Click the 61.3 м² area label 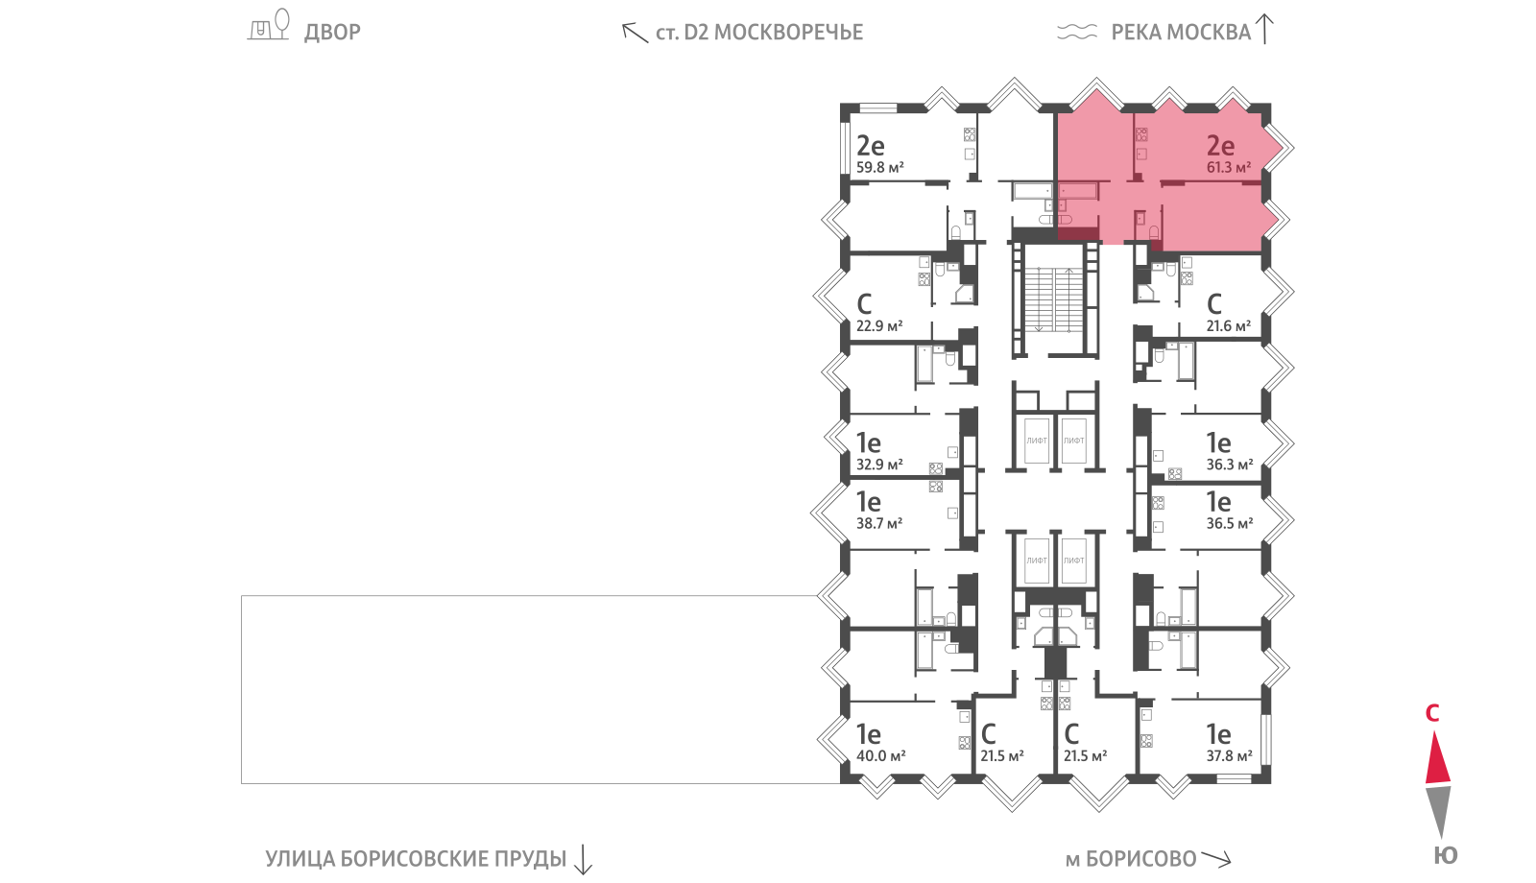pyautogui.click(x=1229, y=167)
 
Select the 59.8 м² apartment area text pyautogui.click(x=879, y=167)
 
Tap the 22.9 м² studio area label pyautogui.click(x=879, y=326)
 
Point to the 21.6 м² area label pyautogui.click(x=1229, y=326)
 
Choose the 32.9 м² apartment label pyautogui.click(x=879, y=465)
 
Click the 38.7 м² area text pyautogui.click(x=879, y=524)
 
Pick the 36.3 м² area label pyautogui.click(x=1230, y=465)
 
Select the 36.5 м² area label pyautogui.click(x=1230, y=524)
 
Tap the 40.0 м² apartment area pyautogui.click(x=881, y=756)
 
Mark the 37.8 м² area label pyautogui.click(x=1230, y=756)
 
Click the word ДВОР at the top pyautogui.click(x=332, y=33)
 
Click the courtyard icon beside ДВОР pyautogui.click(x=269, y=25)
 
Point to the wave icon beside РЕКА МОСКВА pyautogui.click(x=1077, y=32)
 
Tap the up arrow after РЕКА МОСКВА pyautogui.click(x=1264, y=29)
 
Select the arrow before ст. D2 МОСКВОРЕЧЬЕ pyautogui.click(x=635, y=33)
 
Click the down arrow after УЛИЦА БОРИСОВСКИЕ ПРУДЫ pyautogui.click(x=583, y=860)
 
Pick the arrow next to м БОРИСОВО pyautogui.click(x=1216, y=858)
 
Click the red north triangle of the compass pyautogui.click(x=1437, y=759)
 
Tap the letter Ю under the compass pyautogui.click(x=1446, y=855)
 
